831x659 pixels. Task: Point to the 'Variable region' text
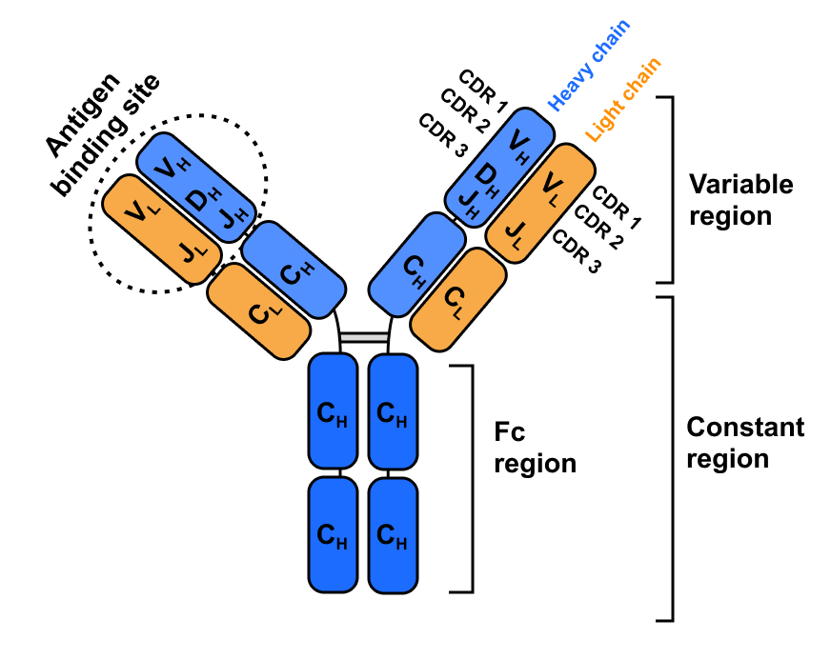coord(740,200)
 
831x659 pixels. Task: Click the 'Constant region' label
coord(745,443)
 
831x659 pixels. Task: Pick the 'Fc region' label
coord(535,448)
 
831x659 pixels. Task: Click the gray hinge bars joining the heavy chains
coord(364,337)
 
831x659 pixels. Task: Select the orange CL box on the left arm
coord(258,311)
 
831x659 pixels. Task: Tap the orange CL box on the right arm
coord(458,300)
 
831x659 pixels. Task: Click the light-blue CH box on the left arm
coord(294,270)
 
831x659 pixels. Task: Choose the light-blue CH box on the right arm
coord(417,265)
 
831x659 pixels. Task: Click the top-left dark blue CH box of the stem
coord(333,411)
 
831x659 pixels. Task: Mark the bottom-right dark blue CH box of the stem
coord(394,535)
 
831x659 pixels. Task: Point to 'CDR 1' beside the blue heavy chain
coord(482,91)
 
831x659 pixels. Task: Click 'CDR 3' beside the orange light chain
coord(576,251)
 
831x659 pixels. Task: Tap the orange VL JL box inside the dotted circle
coord(161,230)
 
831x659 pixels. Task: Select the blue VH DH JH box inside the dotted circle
coord(196,188)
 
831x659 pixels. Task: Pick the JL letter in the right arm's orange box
coord(514,234)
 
